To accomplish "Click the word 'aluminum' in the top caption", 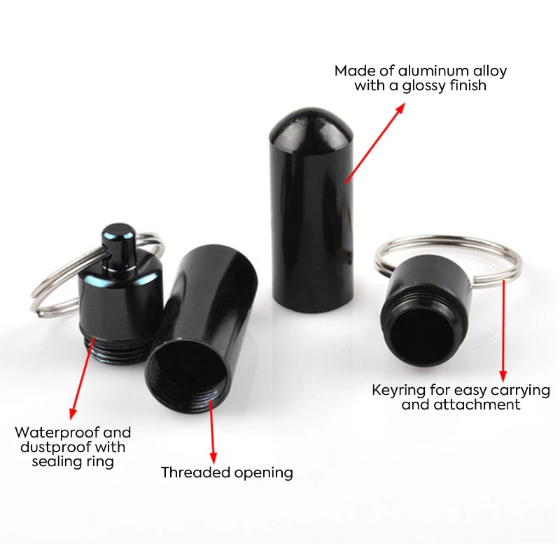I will coord(420,71).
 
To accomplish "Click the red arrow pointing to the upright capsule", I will coord(374,143).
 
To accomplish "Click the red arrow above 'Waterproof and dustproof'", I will coord(81,378).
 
